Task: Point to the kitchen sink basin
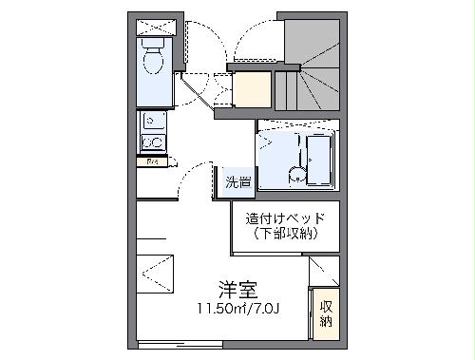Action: [152, 123]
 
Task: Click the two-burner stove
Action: [152, 143]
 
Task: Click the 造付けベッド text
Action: [285, 218]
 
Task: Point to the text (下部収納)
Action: [285, 234]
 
